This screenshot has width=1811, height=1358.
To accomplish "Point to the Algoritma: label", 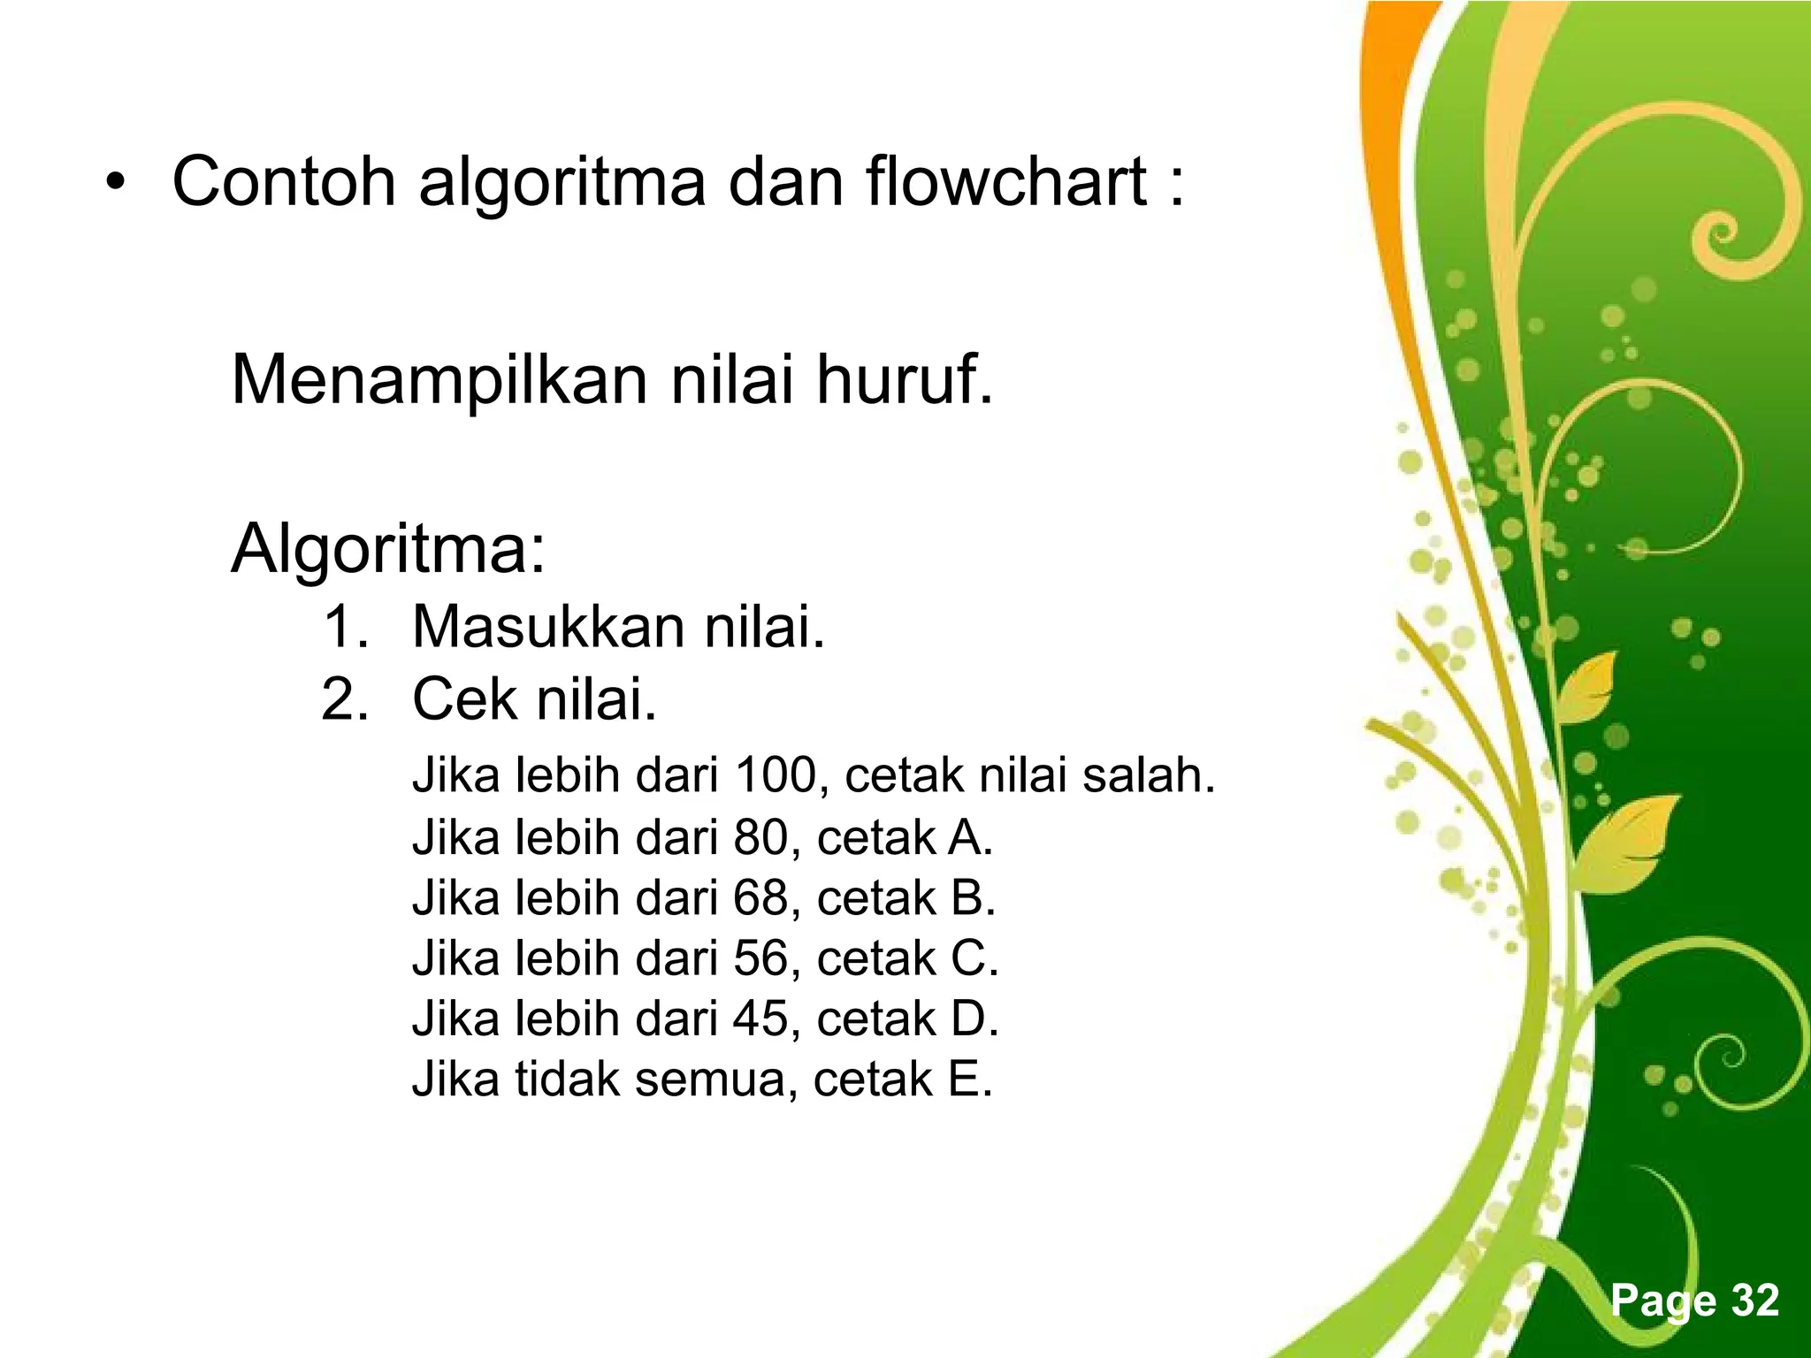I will click(388, 550).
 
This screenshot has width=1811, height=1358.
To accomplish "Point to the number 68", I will click(760, 897).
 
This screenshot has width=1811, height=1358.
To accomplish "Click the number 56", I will click(760, 957).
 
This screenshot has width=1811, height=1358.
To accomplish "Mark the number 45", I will click(760, 1018).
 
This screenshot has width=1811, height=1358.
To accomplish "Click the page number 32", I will click(1754, 1301).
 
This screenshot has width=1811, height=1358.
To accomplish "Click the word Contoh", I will click(283, 182).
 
